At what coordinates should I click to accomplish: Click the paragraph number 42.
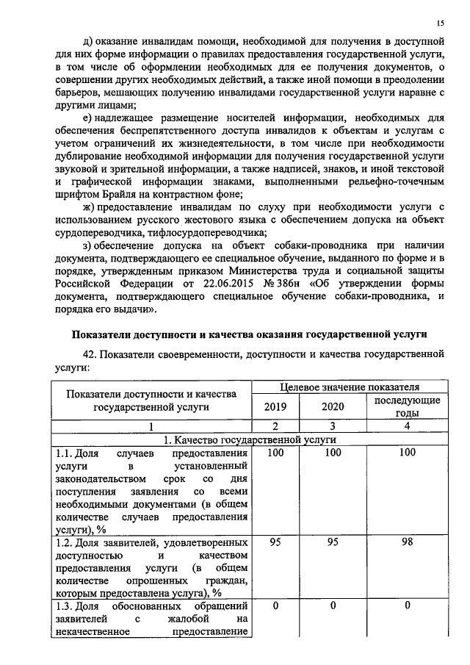(92, 354)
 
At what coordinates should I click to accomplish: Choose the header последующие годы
(407, 406)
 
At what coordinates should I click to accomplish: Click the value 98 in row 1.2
(407, 542)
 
